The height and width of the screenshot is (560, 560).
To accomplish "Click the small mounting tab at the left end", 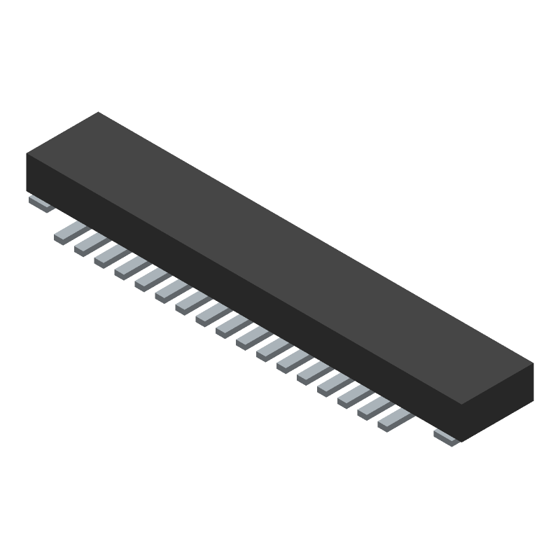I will click(x=41, y=204).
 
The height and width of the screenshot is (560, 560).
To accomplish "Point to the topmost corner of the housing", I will click(x=98, y=113).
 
